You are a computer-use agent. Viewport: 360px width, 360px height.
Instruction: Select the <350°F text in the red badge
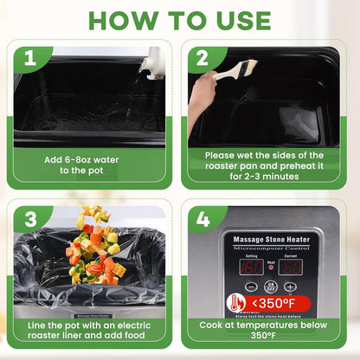pos(276,304)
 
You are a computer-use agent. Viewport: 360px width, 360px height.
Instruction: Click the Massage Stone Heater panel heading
pos(271,237)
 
